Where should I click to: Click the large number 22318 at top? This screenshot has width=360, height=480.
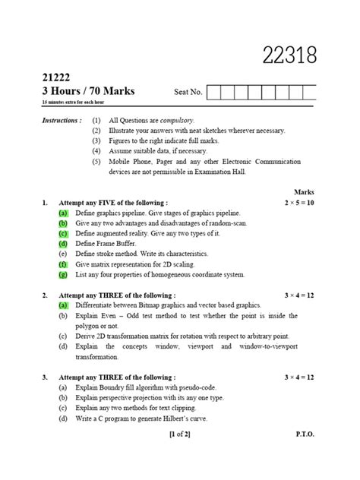click(289, 55)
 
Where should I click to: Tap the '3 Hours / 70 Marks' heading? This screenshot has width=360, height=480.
click(89, 91)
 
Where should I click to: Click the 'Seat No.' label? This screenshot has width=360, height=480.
click(188, 93)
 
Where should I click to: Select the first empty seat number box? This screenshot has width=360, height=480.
click(213, 93)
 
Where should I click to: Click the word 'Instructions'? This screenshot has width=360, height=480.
click(61, 120)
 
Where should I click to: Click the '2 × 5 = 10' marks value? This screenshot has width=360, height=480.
click(299, 204)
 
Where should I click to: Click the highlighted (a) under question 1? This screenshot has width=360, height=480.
click(63, 215)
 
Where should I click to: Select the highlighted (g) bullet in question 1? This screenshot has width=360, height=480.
click(63, 274)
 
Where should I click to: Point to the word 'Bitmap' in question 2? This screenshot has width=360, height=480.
click(165, 304)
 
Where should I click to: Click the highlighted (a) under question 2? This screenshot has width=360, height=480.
click(63, 304)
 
